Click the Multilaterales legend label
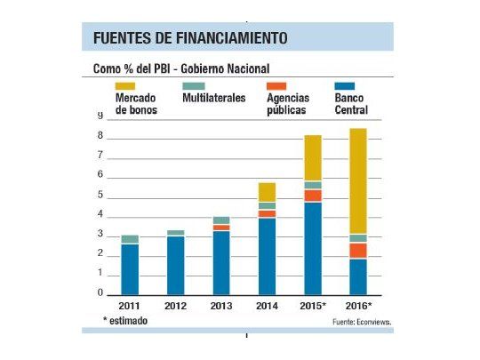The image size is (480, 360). (x=213, y=98)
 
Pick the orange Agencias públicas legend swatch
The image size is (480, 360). (x=277, y=86)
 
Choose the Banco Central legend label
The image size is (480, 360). (x=351, y=104)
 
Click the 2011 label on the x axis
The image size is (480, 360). (x=130, y=305)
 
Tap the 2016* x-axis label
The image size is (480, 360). (x=357, y=305)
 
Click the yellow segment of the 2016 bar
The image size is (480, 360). (x=357, y=181)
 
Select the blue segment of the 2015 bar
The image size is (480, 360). (x=312, y=248)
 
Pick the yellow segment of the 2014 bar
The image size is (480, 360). (x=267, y=192)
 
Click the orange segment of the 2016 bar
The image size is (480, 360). (x=357, y=251)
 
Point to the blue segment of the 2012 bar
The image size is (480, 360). (x=175, y=265)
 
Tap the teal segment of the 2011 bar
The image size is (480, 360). (x=130, y=239)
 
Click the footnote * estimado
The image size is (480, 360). (x=124, y=320)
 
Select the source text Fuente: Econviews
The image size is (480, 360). (x=362, y=322)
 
